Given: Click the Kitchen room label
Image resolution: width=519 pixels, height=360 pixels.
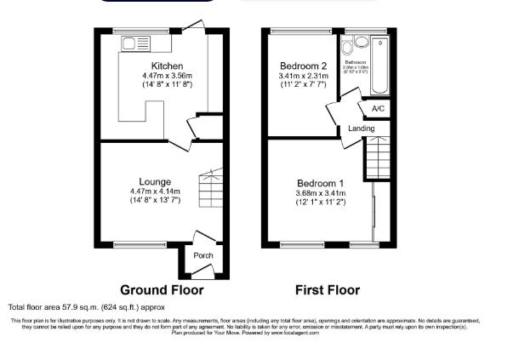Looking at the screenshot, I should tap(167, 66).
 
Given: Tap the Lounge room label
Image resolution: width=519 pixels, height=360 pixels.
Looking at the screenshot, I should tap(156, 181).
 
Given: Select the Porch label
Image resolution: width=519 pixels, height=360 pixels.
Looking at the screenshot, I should tap(203, 255).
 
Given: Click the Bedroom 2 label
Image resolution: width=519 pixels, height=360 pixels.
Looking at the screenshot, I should tap(304, 66).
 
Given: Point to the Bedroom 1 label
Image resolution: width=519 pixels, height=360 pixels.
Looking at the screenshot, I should tap(321, 183).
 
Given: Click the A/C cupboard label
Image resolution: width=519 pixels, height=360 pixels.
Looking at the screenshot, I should tap(379, 109).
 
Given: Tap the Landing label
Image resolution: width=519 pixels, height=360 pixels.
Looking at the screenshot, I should tap(362, 129).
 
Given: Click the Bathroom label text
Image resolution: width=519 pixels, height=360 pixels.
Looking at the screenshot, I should tap(356, 61).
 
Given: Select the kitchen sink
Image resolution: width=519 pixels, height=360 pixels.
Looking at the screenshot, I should tap(135, 43).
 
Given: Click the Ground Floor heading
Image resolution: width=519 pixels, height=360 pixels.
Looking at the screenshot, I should tap(162, 289).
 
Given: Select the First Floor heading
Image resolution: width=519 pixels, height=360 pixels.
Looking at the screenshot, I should tap(327, 289).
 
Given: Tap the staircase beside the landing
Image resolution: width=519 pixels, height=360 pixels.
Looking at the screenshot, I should tap(377, 157).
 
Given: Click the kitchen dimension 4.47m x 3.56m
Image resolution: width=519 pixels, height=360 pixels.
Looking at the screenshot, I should tap(167, 76).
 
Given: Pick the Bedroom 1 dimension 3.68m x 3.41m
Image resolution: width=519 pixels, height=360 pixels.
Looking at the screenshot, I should tap(321, 193).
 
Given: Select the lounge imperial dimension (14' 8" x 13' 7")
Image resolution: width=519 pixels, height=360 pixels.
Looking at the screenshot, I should tap(156, 201).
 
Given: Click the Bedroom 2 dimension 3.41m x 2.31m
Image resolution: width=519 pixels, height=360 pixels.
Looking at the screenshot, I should tap(304, 76).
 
